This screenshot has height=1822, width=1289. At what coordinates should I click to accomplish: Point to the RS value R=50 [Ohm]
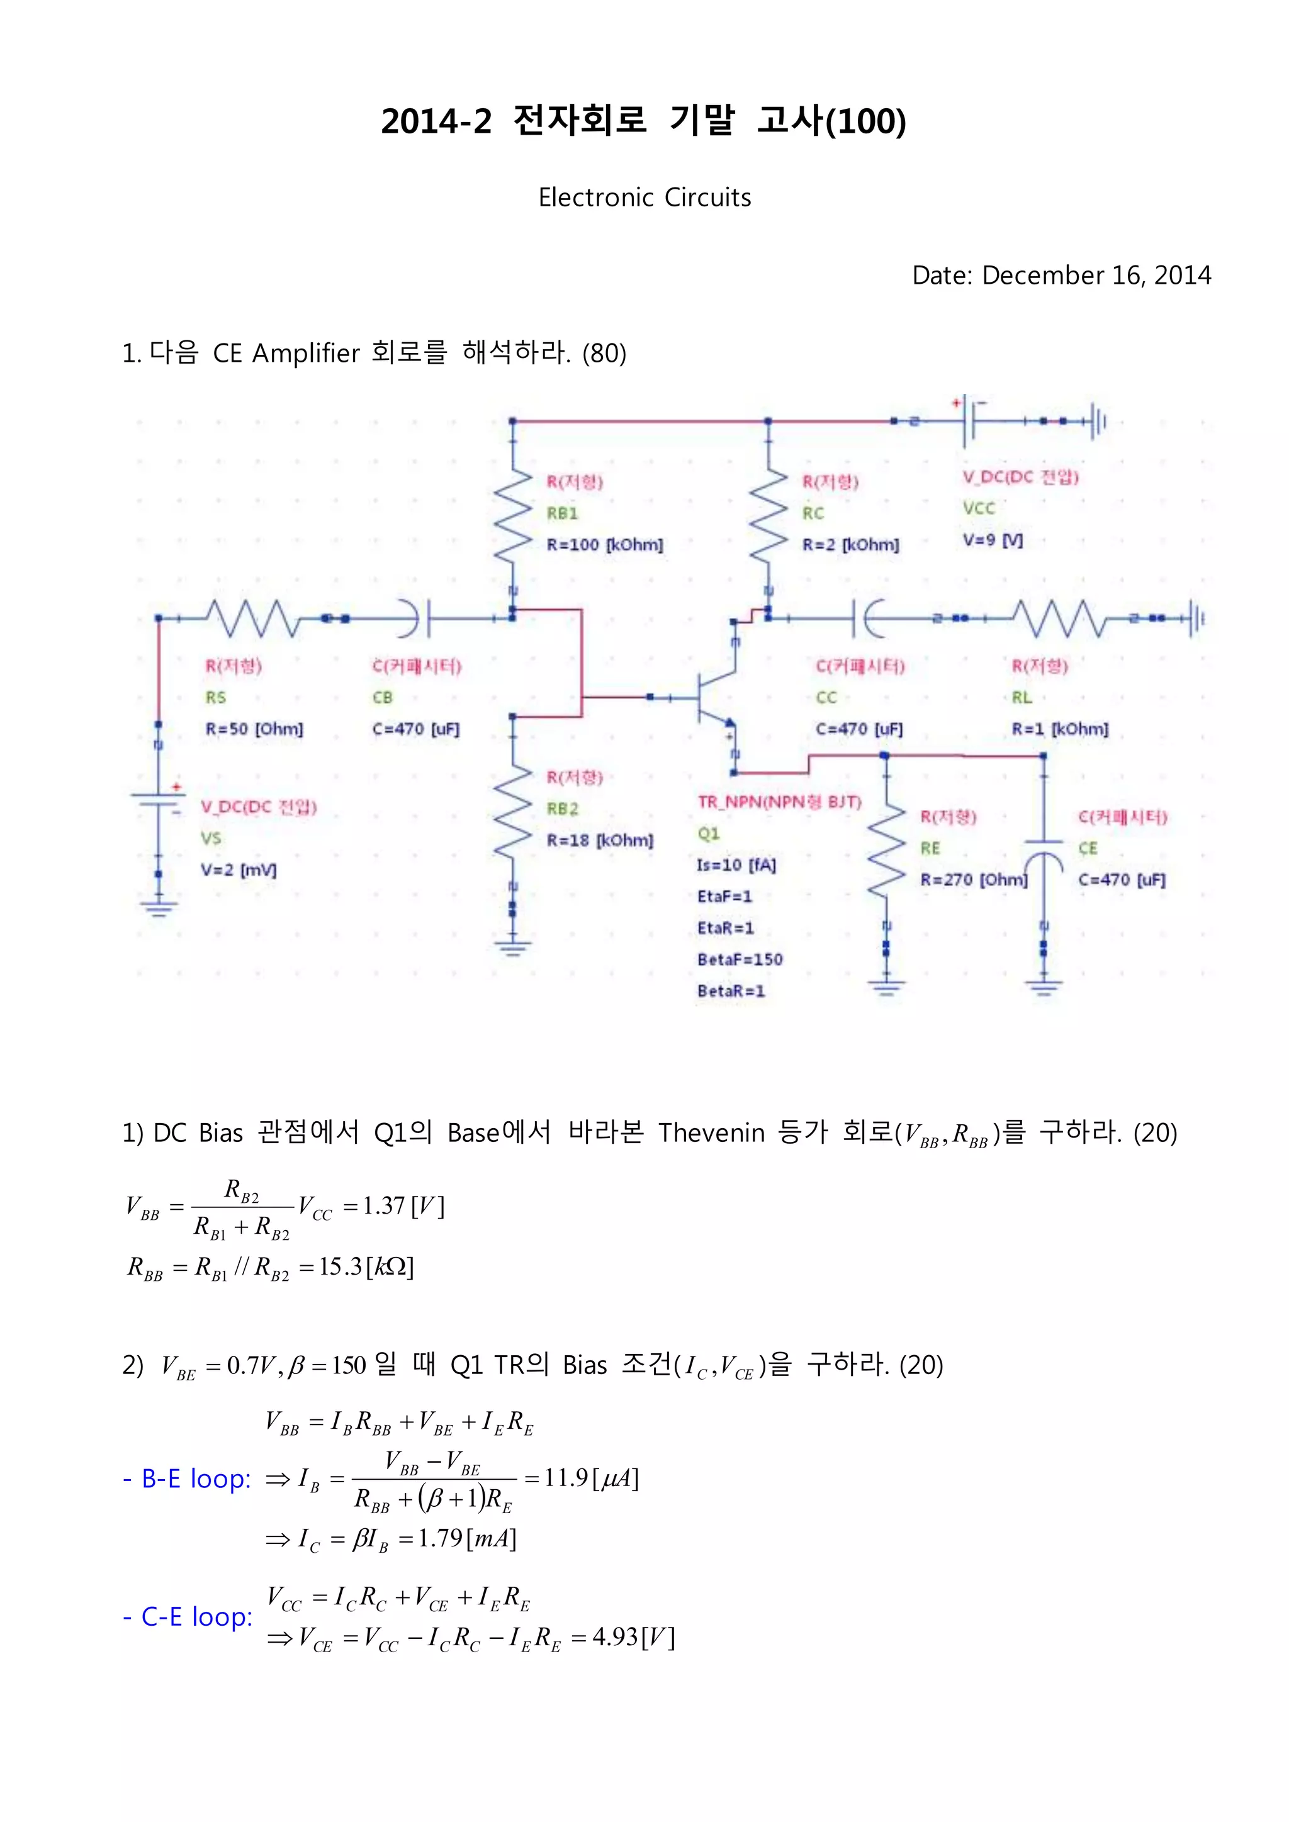pos(254,729)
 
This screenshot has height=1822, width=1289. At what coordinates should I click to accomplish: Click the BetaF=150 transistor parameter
pos(740,959)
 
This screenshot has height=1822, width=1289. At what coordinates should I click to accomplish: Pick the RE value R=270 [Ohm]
pos(973,880)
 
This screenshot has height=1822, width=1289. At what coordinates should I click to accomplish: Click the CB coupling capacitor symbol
pos(419,618)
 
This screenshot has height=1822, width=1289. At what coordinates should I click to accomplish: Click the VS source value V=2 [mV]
pos(238,869)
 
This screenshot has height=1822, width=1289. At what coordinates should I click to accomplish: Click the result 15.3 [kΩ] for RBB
pos(366,1266)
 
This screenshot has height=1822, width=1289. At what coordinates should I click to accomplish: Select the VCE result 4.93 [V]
pos(633,1637)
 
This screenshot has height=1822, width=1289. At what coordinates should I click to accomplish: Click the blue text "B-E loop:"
pos(188,1478)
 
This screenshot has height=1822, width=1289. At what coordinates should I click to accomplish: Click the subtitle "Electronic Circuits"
pos(644,197)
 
